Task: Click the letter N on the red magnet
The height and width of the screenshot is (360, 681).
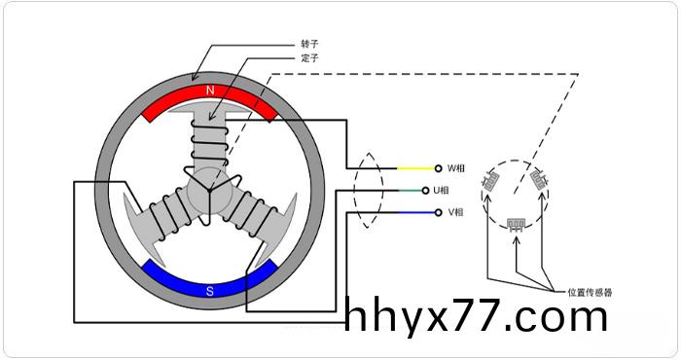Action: pos(210,90)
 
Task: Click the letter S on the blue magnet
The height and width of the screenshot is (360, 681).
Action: pos(210,291)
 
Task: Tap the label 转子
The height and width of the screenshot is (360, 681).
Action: pos(309,44)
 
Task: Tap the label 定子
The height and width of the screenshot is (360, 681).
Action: pos(309,57)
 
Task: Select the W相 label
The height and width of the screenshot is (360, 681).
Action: pos(456,168)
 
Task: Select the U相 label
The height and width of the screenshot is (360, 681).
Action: pos(442,190)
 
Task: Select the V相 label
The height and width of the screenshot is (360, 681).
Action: pos(456,212)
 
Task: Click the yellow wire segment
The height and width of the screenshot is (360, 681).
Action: pos(416,168)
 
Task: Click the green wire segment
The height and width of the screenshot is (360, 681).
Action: pos(411,190)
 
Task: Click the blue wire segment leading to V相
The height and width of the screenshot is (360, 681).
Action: pos(416,212)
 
